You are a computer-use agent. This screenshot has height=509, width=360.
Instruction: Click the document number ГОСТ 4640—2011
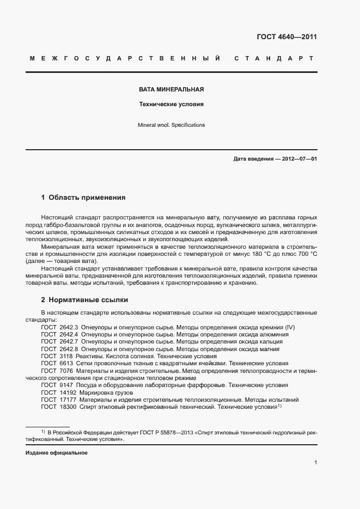click(286, 37)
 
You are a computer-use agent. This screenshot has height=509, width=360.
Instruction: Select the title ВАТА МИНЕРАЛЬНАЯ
click(171, 89)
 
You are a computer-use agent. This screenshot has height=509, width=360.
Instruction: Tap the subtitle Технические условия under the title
click(171, 103)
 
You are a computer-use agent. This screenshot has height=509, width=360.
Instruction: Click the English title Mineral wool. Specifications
click(171, 125)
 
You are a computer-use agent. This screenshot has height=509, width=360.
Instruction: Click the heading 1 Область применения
click(83, 198)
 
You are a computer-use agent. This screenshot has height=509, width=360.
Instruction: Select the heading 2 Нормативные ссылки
click(85, 300)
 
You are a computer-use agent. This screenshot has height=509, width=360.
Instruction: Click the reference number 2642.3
click(69, 327)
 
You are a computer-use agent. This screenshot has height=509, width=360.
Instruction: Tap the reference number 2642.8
click(69, 348)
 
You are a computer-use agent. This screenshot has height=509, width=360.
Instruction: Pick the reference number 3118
click(66, 355)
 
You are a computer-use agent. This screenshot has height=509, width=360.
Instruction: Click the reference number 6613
click(66, 363)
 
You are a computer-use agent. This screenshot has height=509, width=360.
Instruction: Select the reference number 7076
click(66, 370)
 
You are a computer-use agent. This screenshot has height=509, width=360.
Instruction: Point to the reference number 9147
click(66, 385)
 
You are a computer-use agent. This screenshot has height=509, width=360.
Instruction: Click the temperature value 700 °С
click(305, 254)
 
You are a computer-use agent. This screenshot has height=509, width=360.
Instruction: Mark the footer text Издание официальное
click(57, 453)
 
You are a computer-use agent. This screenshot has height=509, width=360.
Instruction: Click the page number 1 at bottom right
click(316, 463)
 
